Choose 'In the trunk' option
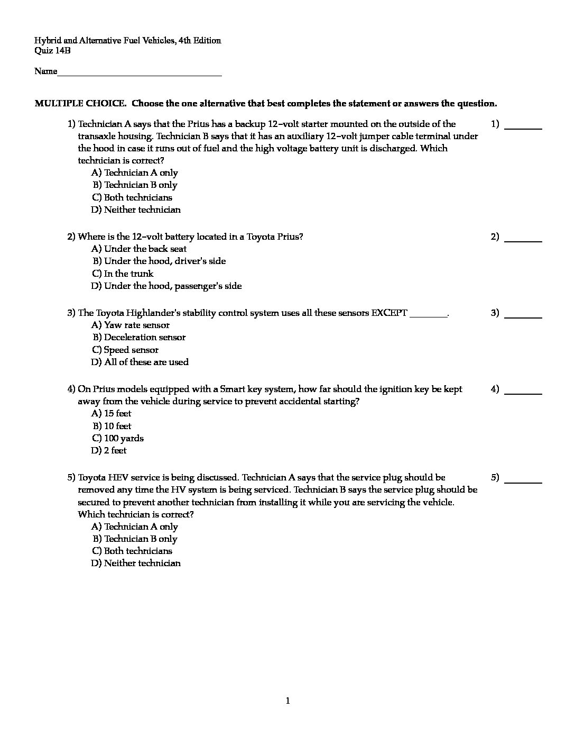pos(128,274)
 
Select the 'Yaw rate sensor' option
pos(136,325)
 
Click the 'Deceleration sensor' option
pos(144,337)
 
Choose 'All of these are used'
pos(146,362)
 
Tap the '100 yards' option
pos(124,438)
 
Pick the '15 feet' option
pos(117,413)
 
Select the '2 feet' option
pos(115,450)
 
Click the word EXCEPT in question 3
pos(389,313)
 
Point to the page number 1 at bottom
pos(287,701)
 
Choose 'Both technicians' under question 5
pos(138,551)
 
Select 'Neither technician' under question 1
pos(142,210)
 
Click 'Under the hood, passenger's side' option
pos(173,286)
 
